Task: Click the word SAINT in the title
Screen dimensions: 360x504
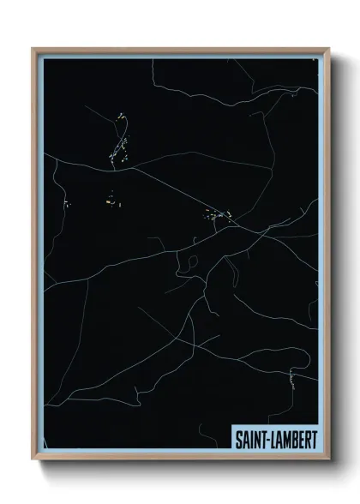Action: [x=252, y=439]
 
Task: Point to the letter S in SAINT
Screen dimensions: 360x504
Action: [x=238, y=439]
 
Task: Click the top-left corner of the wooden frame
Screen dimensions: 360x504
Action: [x=33, y=49]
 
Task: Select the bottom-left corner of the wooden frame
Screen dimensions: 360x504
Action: [x=33, y=459]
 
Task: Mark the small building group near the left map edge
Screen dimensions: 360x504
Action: [x=65, y=204]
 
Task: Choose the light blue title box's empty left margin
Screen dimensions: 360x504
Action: [x=232, y=439]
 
